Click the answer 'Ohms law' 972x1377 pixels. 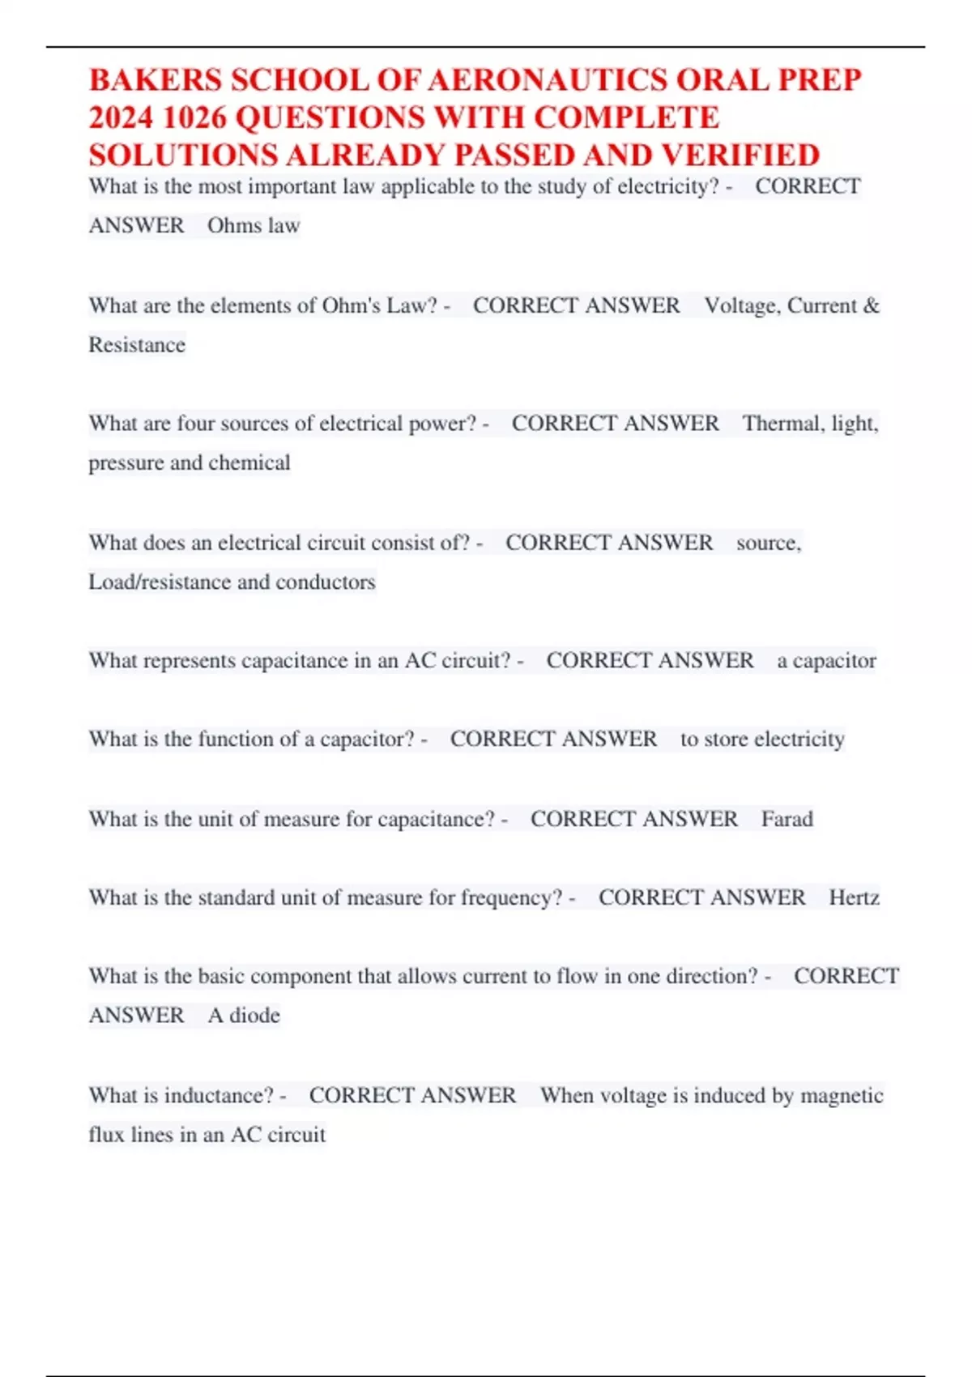click(254, 225)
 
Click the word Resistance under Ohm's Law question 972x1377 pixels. click(137, 345)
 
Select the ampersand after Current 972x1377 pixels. click(872, 305)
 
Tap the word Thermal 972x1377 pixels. click(781, 424)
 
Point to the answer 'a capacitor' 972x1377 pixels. click(826, 661)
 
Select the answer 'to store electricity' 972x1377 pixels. click(762, 740)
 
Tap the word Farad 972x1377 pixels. click(787, 819)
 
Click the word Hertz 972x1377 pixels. click(854, 897)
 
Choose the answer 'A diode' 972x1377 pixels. click(244, 1016)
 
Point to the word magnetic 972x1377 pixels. click(842, 1095)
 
